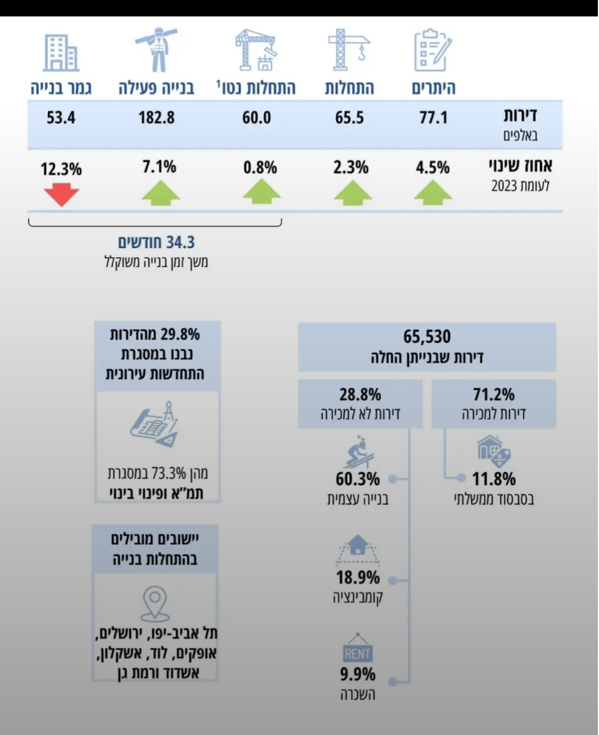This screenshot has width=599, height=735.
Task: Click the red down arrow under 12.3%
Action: tap(61, 195)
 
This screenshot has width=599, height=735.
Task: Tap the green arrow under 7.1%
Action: tap(160, 195)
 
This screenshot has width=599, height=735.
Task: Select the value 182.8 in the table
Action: tap(157, 118)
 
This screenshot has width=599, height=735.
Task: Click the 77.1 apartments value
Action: tap(433, 118)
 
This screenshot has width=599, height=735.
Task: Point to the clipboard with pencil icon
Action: tap(432, 51)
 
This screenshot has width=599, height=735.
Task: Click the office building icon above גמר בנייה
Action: tap(61, 53)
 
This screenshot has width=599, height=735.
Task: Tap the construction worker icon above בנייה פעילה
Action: tap(157, 50)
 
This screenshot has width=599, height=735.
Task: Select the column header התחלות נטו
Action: tap(256, 88)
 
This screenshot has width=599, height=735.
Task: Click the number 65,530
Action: tap(427, 337)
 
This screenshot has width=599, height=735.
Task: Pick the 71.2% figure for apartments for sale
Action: tap(494, 394)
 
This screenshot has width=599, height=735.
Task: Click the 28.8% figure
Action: tap(360, 394)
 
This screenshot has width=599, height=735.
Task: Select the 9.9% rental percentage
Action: tap(358, 674)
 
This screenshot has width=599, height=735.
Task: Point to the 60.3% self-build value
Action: tap(358, 479)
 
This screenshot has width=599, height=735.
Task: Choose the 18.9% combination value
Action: tap(358, 578)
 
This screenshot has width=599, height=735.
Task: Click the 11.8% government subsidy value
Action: tap(494, 479)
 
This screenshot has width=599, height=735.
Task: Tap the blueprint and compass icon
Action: tap(155, 425)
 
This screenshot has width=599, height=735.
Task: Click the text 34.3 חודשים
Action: tap(156, 243)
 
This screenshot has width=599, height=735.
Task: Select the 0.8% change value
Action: tap(260, 167)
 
